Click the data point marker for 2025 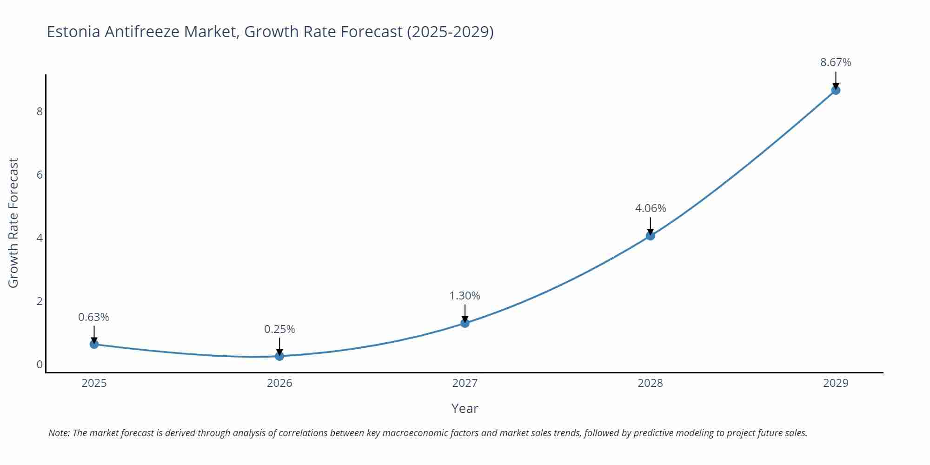pyautogui.click(x=94, y=344)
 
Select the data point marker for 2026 pyautogui.click(x=279, y=356)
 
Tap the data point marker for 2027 pyautogui.click(x=465, y=323)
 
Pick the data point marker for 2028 pyautogui.click(x=650, y=236)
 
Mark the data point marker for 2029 pyautogui.click(x=836, y=90)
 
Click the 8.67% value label pyautogui.click(x=836, y=62)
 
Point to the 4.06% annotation pyautogui.click(x=650, y=208)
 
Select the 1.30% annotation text pyautogui.click(x=465, y=296)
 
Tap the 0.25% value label pyautogui.click(x=279, y=329)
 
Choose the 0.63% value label pyautogui.click(x=93, y=317)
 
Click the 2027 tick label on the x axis pyautogui.click(x=465, y=383)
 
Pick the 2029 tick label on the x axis pyautogui.click(x=836, y=383)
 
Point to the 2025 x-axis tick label pyautogui.click(x=94, y=383)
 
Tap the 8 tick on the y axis pyautogui.click(x=40, y=112)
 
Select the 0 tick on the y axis pyautogui.click(x=40, y=365)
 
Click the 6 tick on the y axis pyautogui.click(x=40, y=175)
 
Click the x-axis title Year pyautogui.click(x=465, y=408)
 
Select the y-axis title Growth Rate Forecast pyautogui.click(x=13, y=223)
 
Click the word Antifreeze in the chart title pyautogui.click(x=142, y=32)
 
